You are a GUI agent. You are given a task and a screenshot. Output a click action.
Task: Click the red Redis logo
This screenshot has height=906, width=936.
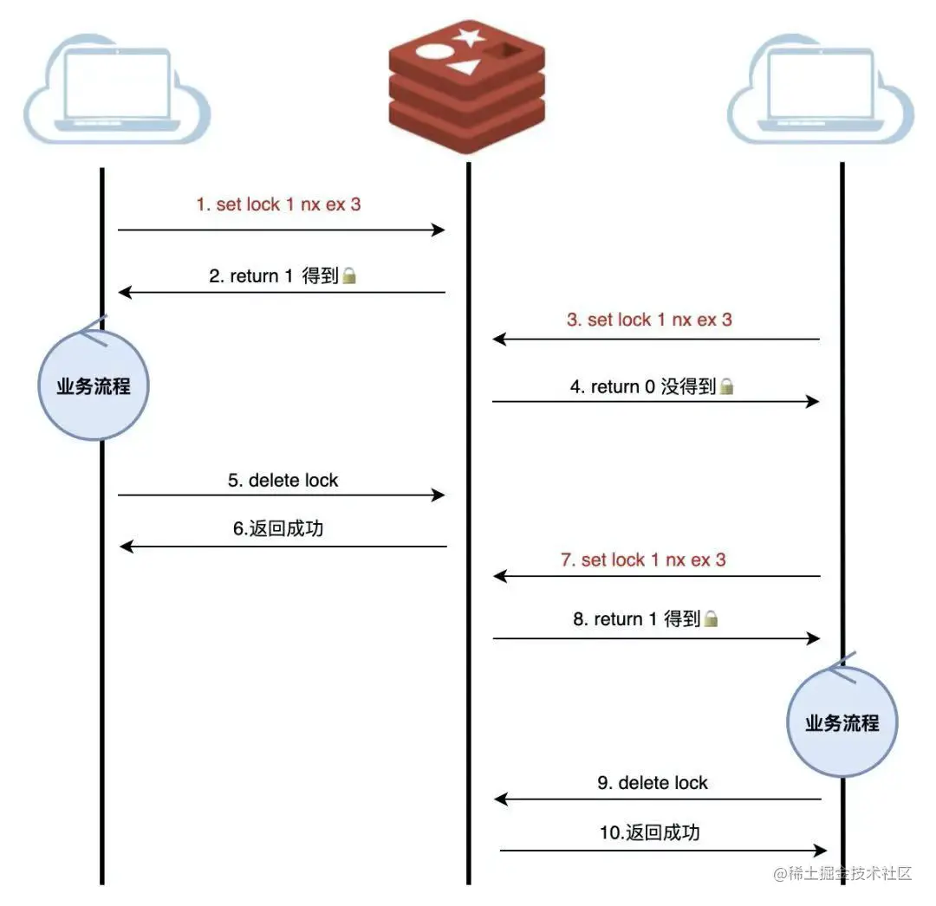(466, 87)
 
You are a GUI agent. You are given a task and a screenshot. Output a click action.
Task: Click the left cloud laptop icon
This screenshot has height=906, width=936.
(117, 89)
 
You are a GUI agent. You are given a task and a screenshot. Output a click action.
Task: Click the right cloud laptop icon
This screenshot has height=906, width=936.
(821, 89)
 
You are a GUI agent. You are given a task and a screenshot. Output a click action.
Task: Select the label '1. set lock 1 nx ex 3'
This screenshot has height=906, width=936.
(279, 204)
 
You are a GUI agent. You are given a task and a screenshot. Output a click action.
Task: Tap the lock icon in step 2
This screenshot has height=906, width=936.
(349, 275)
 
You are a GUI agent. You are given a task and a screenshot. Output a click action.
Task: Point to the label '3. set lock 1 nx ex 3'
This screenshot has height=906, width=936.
(649, 320)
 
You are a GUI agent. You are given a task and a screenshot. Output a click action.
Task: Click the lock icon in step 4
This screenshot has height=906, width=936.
(726, 386)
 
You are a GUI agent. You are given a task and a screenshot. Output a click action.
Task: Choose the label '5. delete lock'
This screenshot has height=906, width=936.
(283, 480)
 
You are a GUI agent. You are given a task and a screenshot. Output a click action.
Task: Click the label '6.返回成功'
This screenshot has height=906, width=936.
(278, 528)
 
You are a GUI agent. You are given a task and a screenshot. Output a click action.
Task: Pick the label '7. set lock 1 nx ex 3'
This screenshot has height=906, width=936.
(643, 560)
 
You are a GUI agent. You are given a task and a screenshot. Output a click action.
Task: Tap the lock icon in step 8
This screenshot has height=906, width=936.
(711, 618)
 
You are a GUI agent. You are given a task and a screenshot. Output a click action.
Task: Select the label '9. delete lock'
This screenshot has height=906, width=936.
(653, 782)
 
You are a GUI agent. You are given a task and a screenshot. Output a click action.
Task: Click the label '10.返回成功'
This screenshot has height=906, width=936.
(649, 832)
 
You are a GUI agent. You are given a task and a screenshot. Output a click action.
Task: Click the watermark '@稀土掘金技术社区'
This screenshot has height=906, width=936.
(842, 874)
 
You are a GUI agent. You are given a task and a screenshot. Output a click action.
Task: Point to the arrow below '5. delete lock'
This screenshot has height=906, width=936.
(281, 495)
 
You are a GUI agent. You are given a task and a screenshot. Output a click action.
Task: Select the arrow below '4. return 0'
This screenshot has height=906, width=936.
(655, 401)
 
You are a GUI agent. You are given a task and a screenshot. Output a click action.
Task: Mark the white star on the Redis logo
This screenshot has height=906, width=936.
(469, 36)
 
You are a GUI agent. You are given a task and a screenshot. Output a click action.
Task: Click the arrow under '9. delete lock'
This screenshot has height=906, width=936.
(658, 799)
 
